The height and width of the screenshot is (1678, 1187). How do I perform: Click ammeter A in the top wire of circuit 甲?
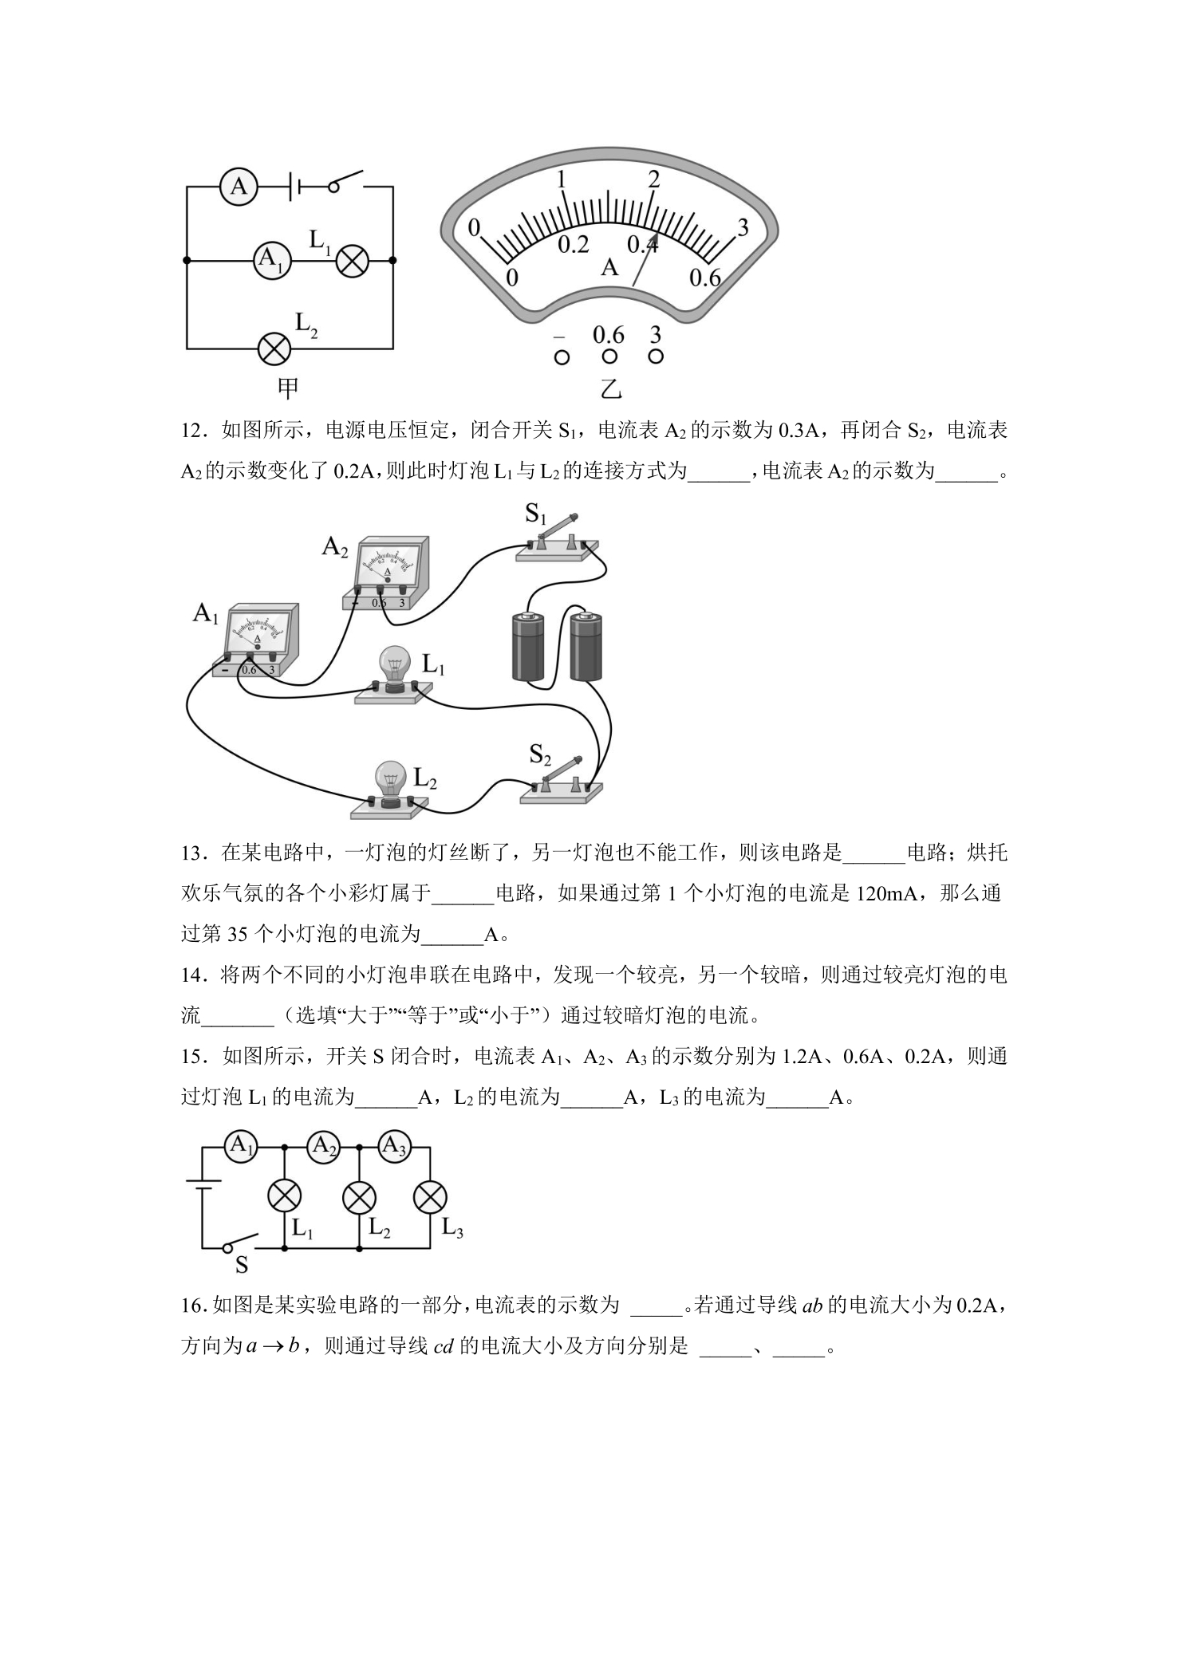click(239, 187)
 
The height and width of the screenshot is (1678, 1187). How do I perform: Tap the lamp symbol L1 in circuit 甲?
click(352, 260)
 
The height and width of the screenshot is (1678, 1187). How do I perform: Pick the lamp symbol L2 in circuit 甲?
click(275, 349)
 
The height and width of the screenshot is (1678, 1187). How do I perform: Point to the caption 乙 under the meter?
click(610, 389)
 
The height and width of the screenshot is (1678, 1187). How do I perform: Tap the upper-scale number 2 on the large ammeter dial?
click(654, 179)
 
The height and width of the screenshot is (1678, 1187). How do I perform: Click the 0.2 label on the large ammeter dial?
click(574, 245)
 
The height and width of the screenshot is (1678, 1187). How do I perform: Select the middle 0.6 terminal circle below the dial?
click(609, 357)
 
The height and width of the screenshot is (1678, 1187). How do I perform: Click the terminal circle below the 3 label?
click(656, 356)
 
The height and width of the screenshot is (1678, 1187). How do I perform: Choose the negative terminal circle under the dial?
click(562, 358)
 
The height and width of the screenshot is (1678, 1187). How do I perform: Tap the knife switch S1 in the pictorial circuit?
click(557, 542)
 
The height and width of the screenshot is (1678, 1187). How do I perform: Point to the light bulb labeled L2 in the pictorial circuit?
click(388, 790)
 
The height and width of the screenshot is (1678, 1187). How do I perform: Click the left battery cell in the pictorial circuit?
click(527, 646)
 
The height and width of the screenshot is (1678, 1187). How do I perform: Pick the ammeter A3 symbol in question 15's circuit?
click(393, 1147)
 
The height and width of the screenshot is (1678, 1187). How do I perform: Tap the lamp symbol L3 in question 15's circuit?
click(430, 1197)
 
